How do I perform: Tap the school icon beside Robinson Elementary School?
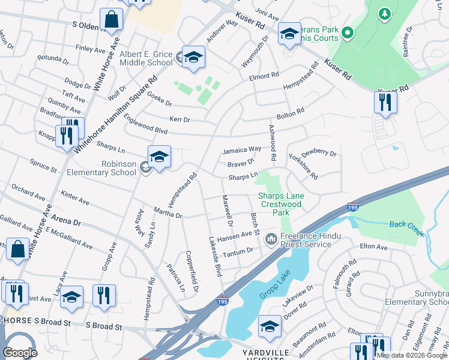click(159, 157)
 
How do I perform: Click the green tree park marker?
click(384, 13)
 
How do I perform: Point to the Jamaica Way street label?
click(242, 149)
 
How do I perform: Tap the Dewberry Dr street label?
click(319, 154)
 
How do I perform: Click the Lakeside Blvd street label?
click(213, 256)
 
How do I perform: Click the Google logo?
click(20, 353)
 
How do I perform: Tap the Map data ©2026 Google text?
click(412, 355)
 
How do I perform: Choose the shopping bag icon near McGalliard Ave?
click(17, 248)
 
